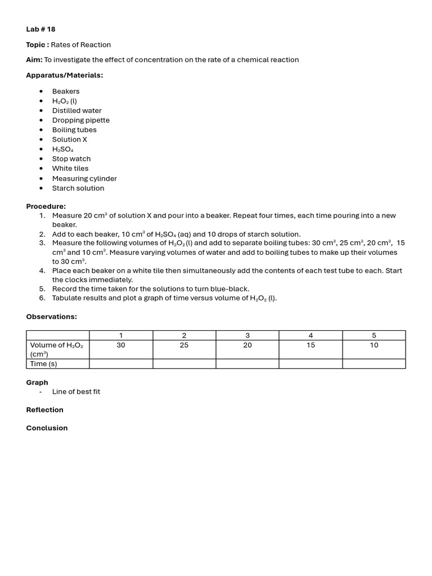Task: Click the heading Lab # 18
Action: click(40, 29)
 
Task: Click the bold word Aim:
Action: click(34, 60)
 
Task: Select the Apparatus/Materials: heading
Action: click(64, 75)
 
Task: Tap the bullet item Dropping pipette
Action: click(80, 120)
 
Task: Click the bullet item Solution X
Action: click(69, 139)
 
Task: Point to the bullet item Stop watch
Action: click(71, 159)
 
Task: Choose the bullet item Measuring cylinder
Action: click(84, 178)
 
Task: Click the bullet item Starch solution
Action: click(78, 188)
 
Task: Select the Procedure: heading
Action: click(46, 206)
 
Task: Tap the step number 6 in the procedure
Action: click(42, 298)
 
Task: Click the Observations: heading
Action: click(51, 317)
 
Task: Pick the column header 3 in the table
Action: click(247, 336)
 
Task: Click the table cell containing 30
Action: click(121, 345)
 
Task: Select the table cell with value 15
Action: click(310, 345)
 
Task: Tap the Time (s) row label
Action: click(43, 364)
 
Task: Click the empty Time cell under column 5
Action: click(373, 364)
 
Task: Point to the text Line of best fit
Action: click(76, 391)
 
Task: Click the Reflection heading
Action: click(44, 409)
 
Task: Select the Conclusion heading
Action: click(47, 428)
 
